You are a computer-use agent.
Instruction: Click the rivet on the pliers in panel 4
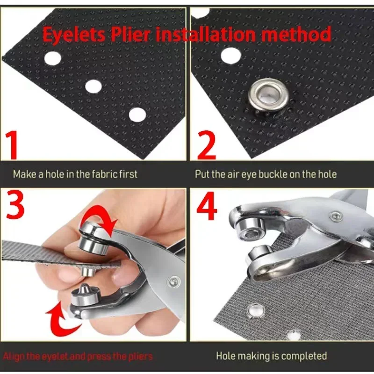(x=335, y=216)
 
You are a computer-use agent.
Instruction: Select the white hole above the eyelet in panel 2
(x=230, y=56)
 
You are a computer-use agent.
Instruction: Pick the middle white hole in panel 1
(x=93, y=86)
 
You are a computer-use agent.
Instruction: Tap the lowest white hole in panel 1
(x=137, y=114)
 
